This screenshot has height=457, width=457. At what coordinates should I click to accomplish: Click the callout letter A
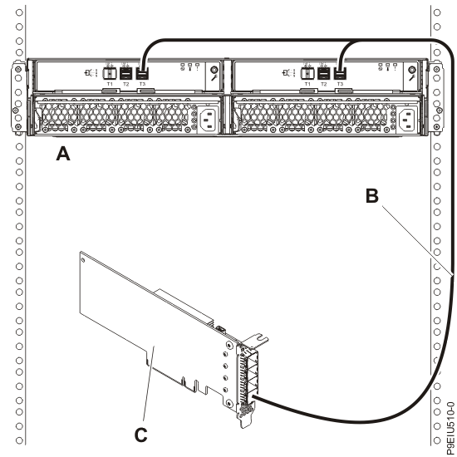(61, 154)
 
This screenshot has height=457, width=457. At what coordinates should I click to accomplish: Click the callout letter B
(373, 198)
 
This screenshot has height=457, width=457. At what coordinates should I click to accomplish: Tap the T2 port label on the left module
(126, 85)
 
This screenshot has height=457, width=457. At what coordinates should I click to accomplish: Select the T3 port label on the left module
(141, 85)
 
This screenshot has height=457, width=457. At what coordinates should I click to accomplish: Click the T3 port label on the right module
(341, 85)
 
